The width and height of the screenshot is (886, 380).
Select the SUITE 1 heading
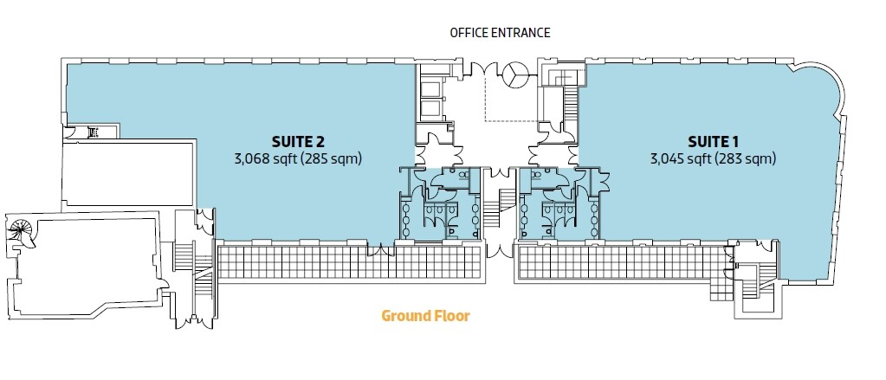pyautogui.click(x=712, y=140)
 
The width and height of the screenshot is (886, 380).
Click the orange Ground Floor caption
pyautogui.click(x=425, y=316)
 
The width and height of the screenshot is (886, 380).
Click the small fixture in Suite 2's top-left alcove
pyautogui.click(x=93, y=132)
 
